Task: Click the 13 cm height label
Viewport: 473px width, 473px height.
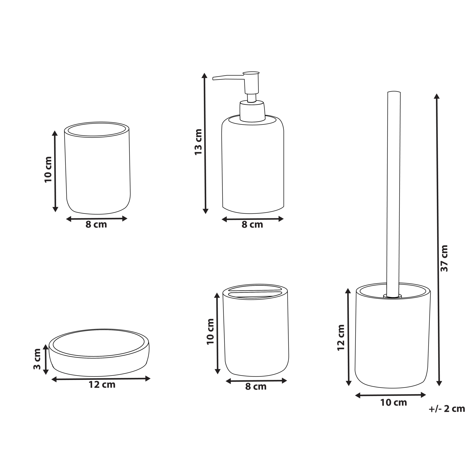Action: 198,142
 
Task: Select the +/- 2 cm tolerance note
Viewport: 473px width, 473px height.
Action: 447,409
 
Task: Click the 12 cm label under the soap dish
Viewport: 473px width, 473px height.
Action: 102,385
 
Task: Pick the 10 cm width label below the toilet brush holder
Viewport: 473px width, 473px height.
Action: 394,403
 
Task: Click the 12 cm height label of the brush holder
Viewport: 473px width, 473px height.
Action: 341,337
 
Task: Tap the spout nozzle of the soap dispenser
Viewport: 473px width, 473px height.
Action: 229,77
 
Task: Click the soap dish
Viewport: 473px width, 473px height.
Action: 99,352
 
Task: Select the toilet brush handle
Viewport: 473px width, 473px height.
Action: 393,194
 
